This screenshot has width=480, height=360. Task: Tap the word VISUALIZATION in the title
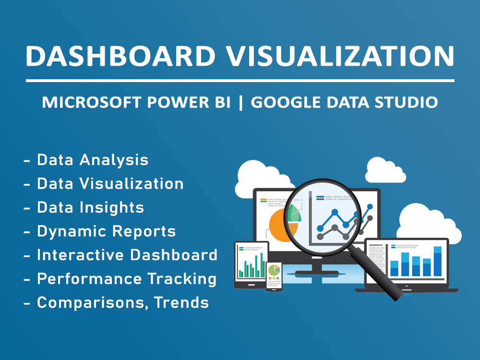pyautogui.click(x=340, y=56)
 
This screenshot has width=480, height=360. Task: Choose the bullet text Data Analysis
pyautogui.click(x=93, y=160)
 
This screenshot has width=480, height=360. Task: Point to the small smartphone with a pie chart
pyautogui.click(x=274, y=276)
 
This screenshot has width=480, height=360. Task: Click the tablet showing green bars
pyautogui.click(x=251, y=265)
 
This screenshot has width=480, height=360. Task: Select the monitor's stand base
pyautogui.click(x=316, y=274)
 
